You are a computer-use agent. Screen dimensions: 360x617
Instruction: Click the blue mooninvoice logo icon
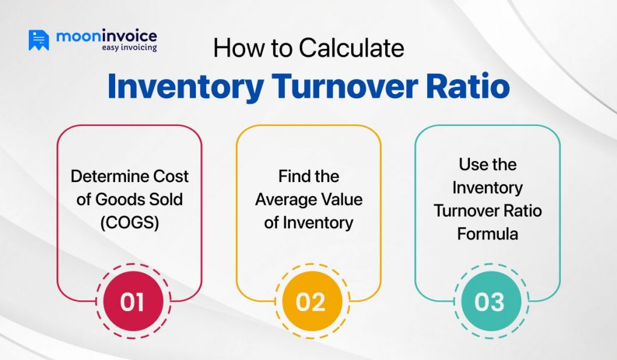coord(39,40)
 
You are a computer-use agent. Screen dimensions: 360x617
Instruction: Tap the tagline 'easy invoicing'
coord(129,48)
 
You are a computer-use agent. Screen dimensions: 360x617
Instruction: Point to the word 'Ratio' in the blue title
coord(466,86)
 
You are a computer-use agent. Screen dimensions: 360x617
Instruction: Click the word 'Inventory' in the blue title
coord(185,86)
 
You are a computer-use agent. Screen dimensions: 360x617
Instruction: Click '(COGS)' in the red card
coord(130,223)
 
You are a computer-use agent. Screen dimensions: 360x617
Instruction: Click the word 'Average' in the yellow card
coord(286,200)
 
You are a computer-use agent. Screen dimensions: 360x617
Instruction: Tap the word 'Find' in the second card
coord(292,176)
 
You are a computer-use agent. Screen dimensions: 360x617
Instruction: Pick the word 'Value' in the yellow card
coord(342,200)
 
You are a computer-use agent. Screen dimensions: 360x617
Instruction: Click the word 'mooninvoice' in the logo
coord(106,36)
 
